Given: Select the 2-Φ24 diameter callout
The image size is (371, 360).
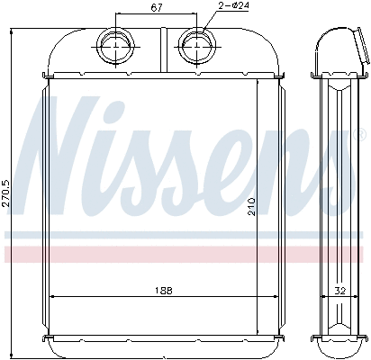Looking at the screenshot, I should pyautogui.click(x=231, y=8).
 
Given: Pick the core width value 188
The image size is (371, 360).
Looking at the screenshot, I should pyautogui.click(x=163, y=291).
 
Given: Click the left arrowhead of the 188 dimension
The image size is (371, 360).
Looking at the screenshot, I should pyautogui.click(x=51, y=297).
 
